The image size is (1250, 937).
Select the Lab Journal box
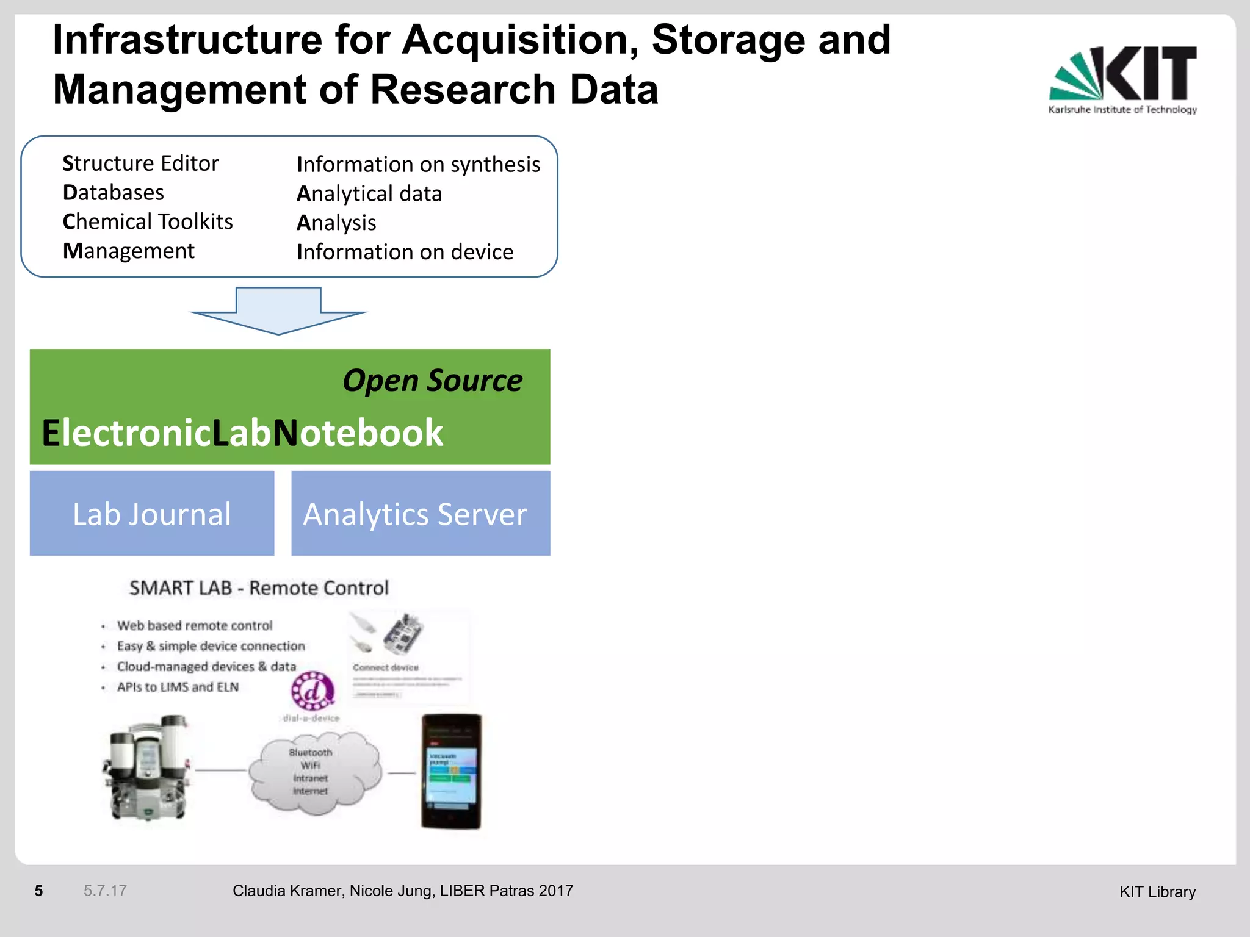click(152, 513)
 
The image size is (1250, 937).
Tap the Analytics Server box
click(421, 513)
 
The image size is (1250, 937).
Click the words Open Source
click(432, 381)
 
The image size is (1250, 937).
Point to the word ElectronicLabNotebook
click(242, 433)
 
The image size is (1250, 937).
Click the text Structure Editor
click(140, 163)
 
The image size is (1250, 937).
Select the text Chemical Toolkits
click(148, 221)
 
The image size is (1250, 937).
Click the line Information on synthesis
click(418, 164)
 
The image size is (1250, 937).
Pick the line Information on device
click(405, 252)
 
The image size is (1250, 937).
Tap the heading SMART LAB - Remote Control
click(259, 588)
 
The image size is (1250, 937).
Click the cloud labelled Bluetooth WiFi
click(312, 772)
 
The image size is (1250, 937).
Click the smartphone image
click(451, 771)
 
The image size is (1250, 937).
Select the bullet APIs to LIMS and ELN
click(178, 687)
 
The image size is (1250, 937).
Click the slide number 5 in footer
click(38, 891)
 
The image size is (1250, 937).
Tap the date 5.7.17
click(105, 891)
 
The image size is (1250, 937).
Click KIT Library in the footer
click(1157, 892)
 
